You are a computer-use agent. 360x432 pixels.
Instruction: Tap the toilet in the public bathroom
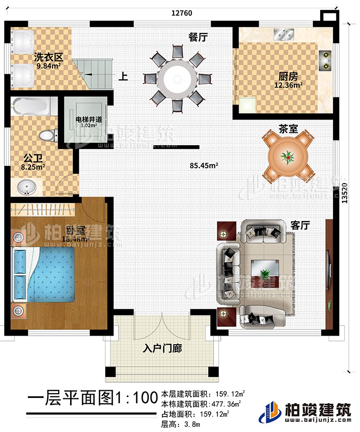point(47,135)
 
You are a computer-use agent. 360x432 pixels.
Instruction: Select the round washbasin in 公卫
point(25,187)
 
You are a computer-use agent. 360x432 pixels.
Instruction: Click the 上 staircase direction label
point(123,76)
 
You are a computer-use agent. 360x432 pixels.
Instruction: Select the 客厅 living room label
point(300,225)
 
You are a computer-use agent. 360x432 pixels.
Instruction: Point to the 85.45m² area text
point(204,166)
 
